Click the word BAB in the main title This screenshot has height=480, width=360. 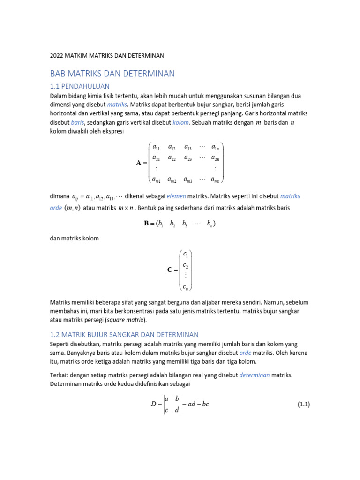click(x=58, y=74)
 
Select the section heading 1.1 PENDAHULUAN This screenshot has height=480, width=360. click(x=80, y=86)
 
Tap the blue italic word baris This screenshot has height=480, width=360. click(x=77, y=122)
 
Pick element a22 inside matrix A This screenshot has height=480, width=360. click(x=172, y=158)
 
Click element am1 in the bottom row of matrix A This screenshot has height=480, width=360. click(x=157, y=179)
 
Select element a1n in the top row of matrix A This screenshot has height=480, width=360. click(x=216, y=147)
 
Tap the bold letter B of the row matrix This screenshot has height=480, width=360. click(x=146, y=224)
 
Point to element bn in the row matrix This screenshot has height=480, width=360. click(x=210, y=224)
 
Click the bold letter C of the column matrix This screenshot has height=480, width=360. click(x=170, y=270)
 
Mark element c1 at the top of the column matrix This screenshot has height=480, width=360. click(x=186, y=255)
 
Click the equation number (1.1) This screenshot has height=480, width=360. click(x=304, y=405)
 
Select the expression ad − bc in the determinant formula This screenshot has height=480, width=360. click(x=199, y=404)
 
